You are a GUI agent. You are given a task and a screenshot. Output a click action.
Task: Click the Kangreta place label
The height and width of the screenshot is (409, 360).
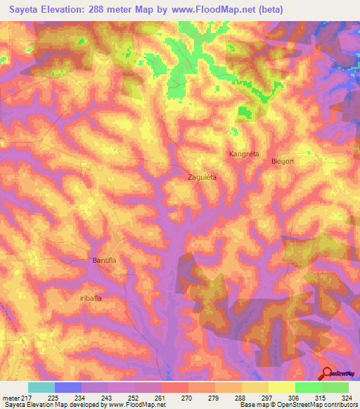[243, 153]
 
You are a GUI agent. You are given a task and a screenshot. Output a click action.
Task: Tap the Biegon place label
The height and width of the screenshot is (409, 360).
[283, 162]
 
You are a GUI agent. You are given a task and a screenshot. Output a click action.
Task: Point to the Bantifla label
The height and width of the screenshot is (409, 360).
[104, 260]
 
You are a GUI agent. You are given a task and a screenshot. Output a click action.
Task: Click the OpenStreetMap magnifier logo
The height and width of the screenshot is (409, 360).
[328, 374]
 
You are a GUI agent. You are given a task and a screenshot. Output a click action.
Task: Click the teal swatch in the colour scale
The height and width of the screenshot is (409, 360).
[41, 387]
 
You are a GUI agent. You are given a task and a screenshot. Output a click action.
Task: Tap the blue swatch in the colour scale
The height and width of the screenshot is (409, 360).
[68, 387]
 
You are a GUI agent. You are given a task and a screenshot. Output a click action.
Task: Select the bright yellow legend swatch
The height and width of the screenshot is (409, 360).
[281, 387]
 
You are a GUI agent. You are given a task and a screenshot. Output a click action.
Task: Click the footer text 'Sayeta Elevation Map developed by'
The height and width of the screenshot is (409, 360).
[48, 405]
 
